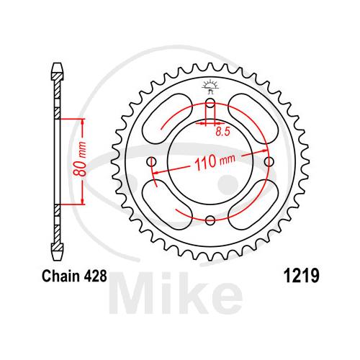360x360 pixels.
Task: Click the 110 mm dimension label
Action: (215, 161)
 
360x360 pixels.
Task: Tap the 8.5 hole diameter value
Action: (222, 132)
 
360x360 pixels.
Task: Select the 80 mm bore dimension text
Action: (80, 159)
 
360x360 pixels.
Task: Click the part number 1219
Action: (302, 276)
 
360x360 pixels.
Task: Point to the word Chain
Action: (61, 276)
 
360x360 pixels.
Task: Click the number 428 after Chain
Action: (96, 276)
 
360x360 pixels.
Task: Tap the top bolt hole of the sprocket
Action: (210, 103)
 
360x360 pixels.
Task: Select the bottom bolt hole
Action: (210, 220)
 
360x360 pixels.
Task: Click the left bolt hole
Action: (151, 161)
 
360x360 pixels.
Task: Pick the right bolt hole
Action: (269, 161)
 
